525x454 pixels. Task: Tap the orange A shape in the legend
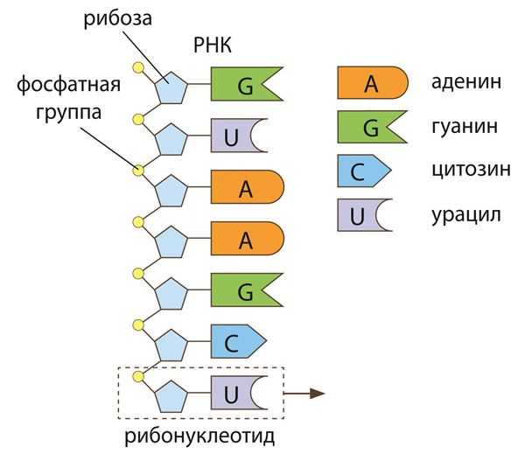pos(372,84)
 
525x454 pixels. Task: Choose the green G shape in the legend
pos(372,128)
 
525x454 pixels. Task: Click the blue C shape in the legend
pos(361,171)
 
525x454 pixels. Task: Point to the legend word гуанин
pos(465,128)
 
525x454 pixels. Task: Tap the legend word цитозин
pos(471,171)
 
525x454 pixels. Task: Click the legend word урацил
pos(466,213)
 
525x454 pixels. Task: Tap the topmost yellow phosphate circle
pos(137,66)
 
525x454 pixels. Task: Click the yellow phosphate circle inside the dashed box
pos(137,376)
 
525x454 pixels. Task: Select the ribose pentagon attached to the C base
pos(171,344)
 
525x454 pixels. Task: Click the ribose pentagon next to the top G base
pos(171,86)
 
